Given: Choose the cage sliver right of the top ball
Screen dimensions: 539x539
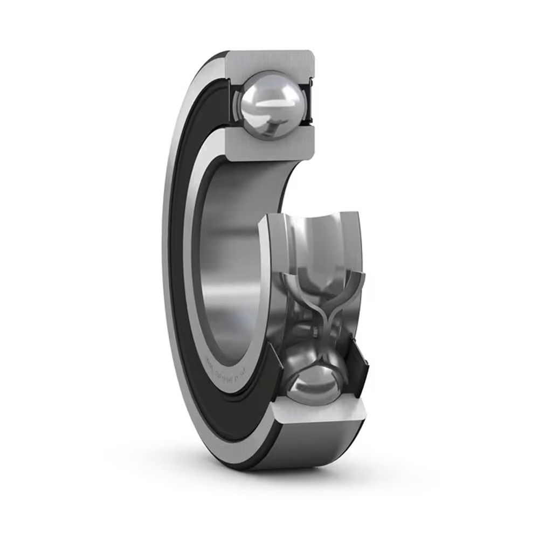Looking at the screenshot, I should [x=306, y=102].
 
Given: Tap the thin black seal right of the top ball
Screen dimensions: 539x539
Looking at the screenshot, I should [x=312, y=102].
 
